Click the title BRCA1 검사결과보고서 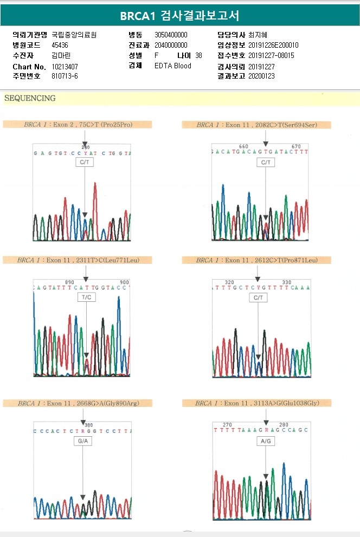click(x=179, y=15)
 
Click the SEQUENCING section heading click(x=30, y=99)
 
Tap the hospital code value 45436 click(x=60, y=45)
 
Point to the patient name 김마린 click(x=61, y=55)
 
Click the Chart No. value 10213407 click(x=65, y=66)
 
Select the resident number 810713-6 click(x=65, y=76)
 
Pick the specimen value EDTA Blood click(x=173, y=66)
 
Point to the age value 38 click(x=198, y=55)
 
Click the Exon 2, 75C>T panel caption click(x=78, y=125)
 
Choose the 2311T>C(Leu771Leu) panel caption click(x=78, y=260)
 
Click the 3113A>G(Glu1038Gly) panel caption click(x=256, y=403)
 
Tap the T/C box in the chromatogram click(x=86, y=297)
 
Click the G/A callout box click(x=83, y=441)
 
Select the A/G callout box click(x=266, y=441)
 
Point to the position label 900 click(x=124, y=282)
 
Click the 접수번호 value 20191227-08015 click(x=271, y=55)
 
